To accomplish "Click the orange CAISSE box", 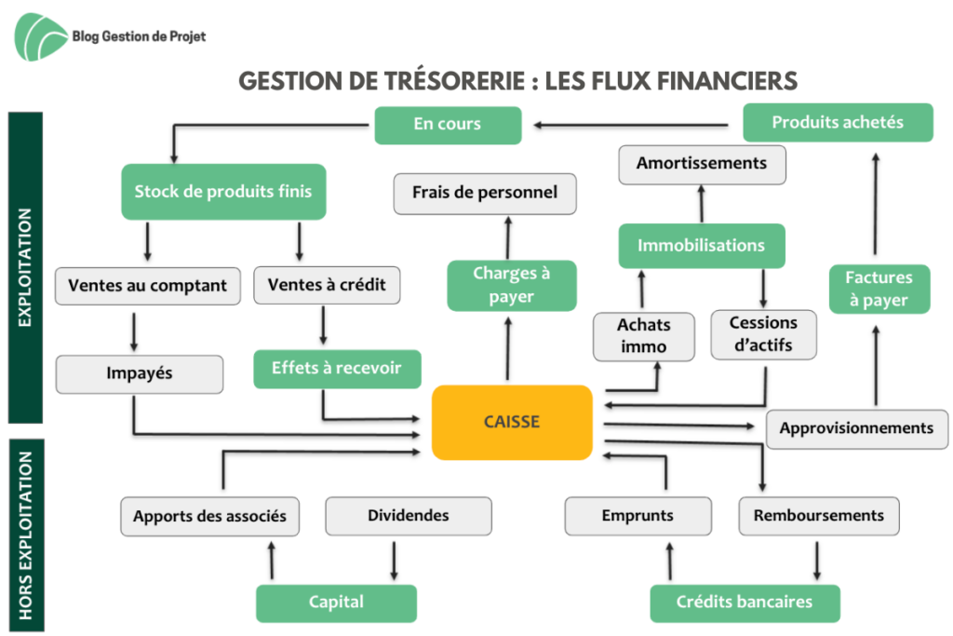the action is pos(512,422).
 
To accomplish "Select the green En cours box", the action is pos(448,125).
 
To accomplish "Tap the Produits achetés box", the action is pos(838,122).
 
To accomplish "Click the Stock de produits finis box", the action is pos(223,192).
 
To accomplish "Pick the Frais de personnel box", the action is pos(485,194).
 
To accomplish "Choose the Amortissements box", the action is pos(702,164).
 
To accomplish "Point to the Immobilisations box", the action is pos(702,246).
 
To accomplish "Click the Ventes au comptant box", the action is pos(148,286).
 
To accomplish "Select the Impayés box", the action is pos(140,374).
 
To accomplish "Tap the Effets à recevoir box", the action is pos(337,369).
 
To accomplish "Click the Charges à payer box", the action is pos(512,285).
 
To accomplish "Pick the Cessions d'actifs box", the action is pos(763,334).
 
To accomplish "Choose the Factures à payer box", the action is pos(879,289).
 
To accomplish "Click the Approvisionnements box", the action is pos(857,428).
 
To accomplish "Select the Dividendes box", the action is pos(409,516).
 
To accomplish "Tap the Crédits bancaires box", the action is pos(745,602).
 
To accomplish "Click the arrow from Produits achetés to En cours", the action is pos(631,126).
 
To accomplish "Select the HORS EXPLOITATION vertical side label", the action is pos(25,535).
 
